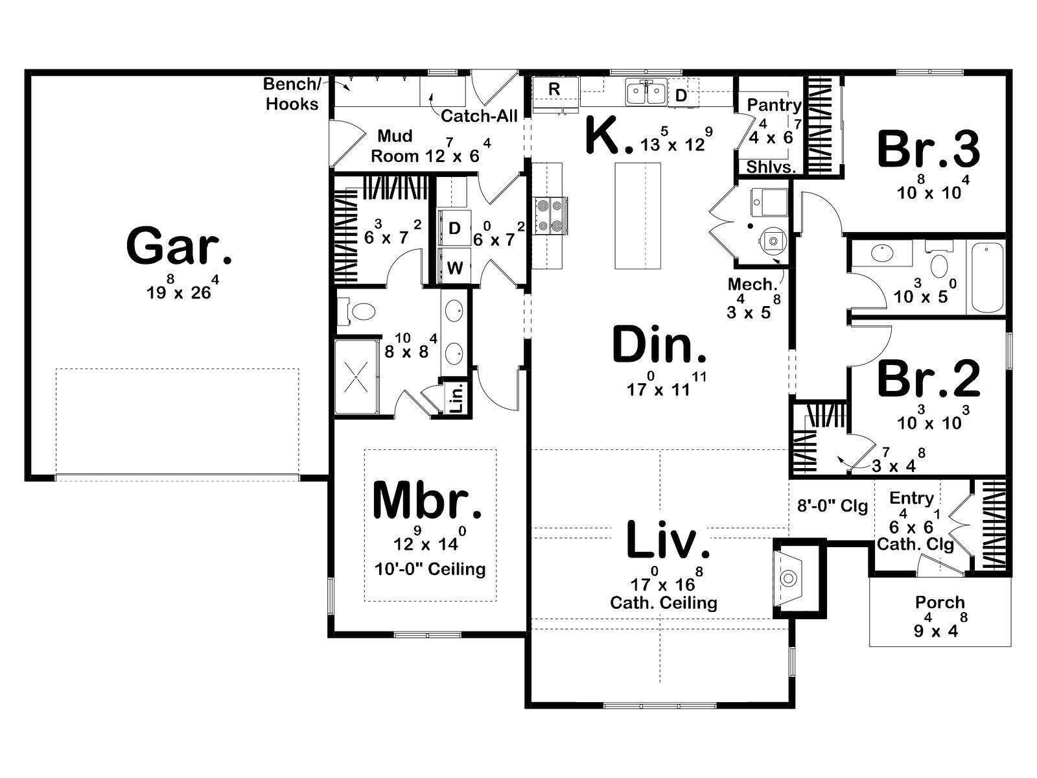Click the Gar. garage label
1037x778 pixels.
pos(179,246)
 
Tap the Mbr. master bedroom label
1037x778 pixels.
pos(428,500)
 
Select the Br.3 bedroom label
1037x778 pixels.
pos(928,150)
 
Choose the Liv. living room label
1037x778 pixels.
pos(668,539)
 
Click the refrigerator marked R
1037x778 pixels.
pos(555,94)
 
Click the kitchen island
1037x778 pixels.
pos(638,215)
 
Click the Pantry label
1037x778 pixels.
pos(774,105)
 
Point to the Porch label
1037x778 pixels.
pos(940,602)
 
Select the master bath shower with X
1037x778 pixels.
pos(356,377)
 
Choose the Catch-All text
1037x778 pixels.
pos(479,116)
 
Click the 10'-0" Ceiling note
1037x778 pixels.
pos(430,569)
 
